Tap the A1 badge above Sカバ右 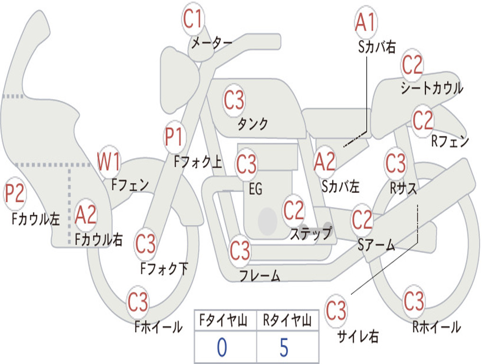pyautogui.click(x=366, y=23)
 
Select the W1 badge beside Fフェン pyautogui.click(x=108, y=162)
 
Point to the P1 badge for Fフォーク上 pyautogui.click(x=174, y=138)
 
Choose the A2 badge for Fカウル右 pyautogui.click(x=86, y=215)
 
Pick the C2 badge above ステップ pyautogui.click(x=294, y=211)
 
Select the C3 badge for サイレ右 pyautogui.click(x=336, y=311)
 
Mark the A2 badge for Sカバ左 pyautogui.click(x=325, y=162)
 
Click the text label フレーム pyautogui.click(x=260, y=275)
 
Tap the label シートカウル pyautogui.click(x=431, y=88)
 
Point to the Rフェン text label pyautogui.click(x=449, y=141)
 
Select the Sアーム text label pyautogui.click(x=376, y=245)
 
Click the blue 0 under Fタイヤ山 pyautogui.click(x=222, y=347)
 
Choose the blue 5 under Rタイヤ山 pyautogui.click(x=284, y=347)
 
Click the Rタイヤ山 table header pyautogui.click(x=287, y=321)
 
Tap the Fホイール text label pyautogui.click(x=158, y=327)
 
